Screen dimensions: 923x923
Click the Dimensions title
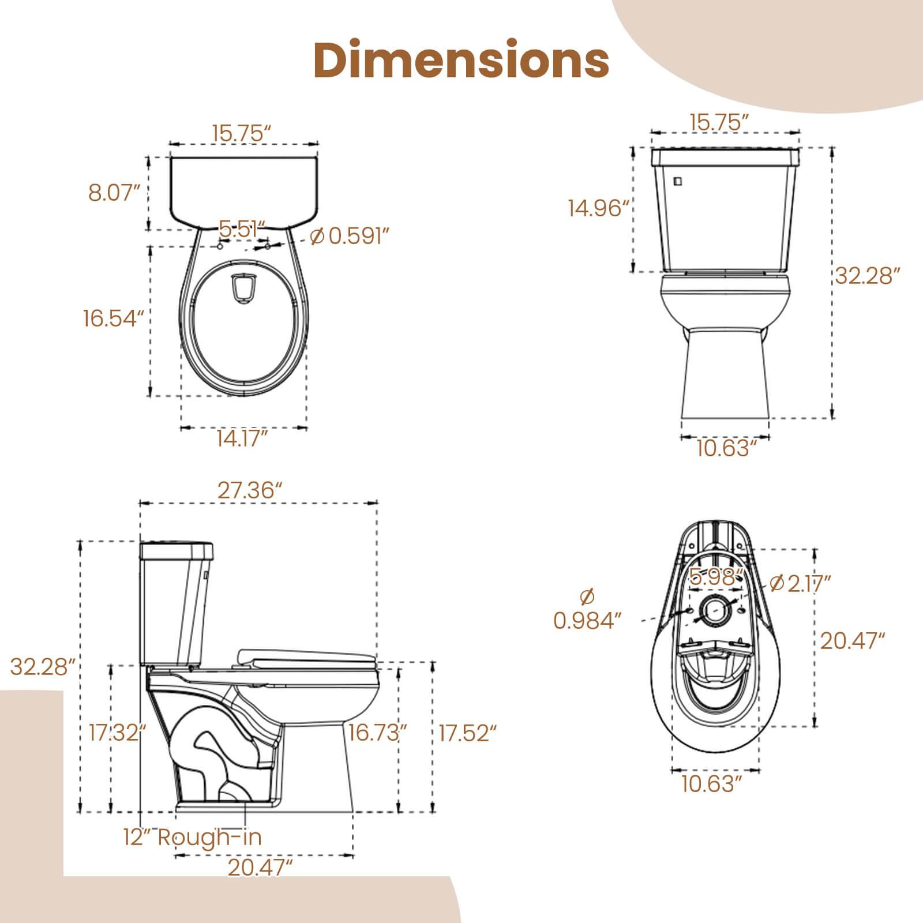[461, 61]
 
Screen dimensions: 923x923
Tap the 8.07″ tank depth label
[115, 193]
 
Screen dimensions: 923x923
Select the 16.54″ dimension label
[113, 318]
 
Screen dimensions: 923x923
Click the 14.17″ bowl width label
[242, 439]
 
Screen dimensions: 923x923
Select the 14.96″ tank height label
[598, 208]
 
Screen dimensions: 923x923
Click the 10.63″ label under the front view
[726, 448]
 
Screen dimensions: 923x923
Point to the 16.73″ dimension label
[378, 733]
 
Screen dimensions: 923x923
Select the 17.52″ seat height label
[468, 733]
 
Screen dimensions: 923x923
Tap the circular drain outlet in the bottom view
[715, 610]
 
